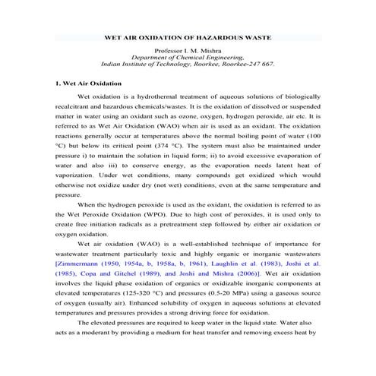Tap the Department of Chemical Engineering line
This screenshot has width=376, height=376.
tap(188, 57)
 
